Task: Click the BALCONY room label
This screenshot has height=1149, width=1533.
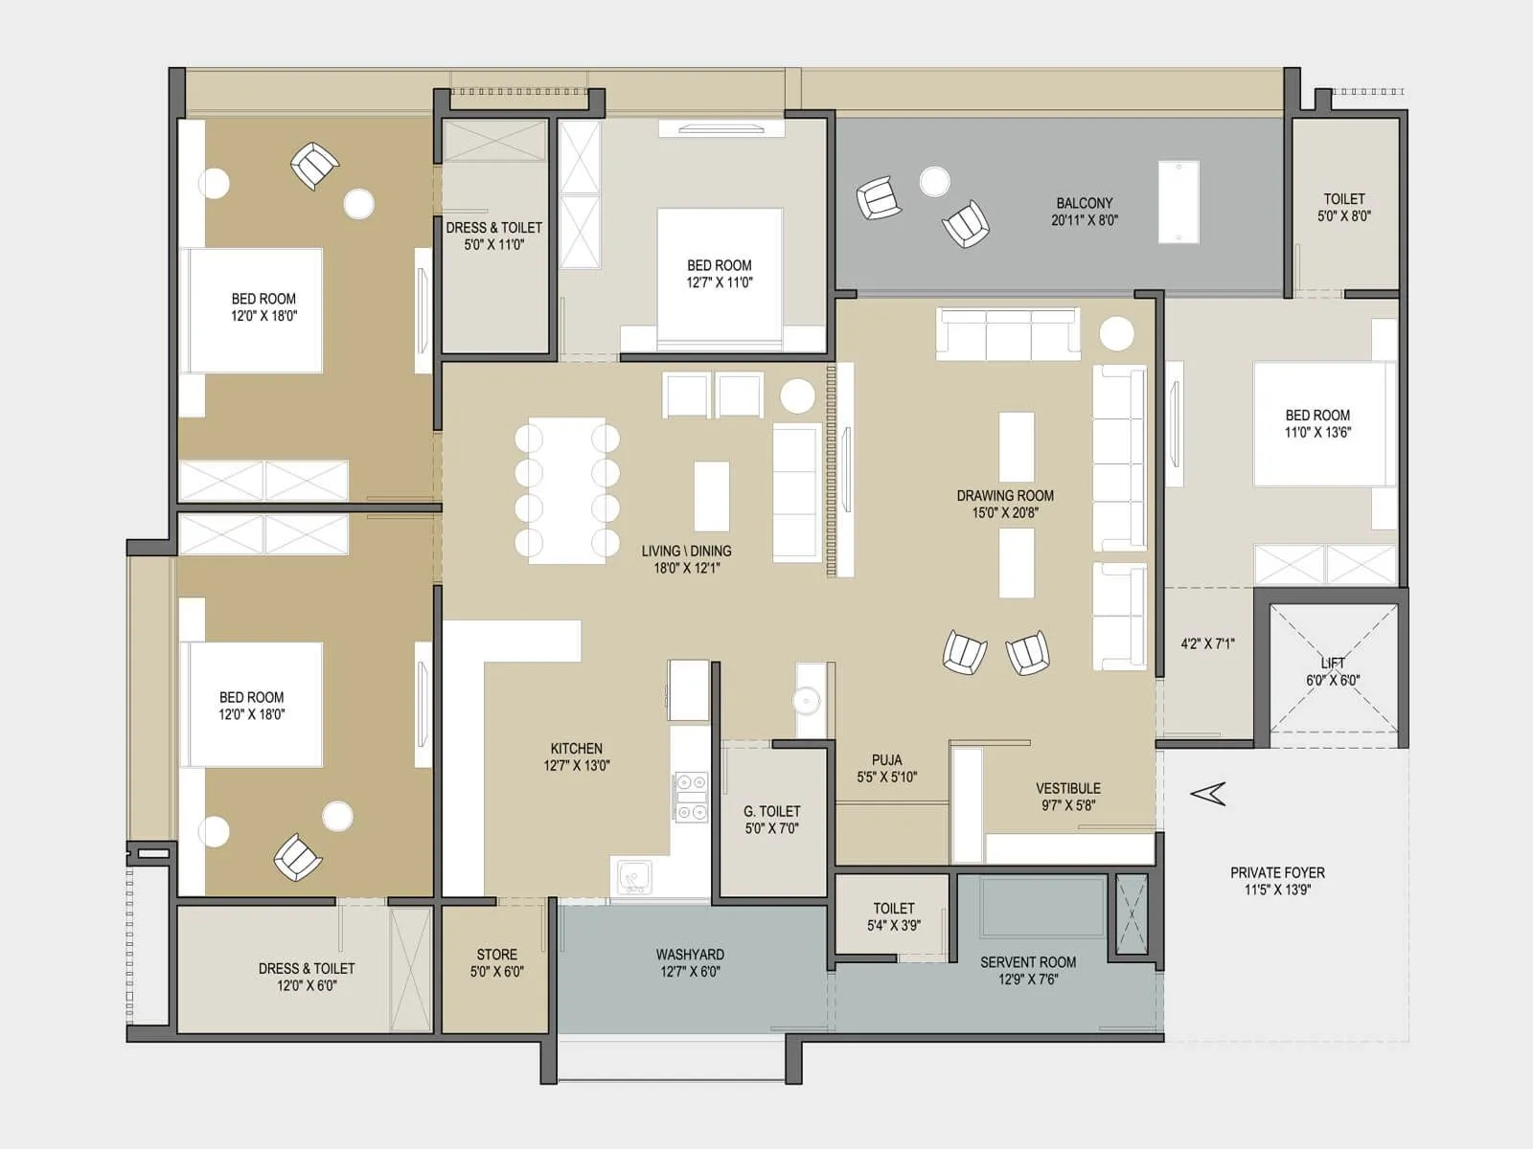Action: [1085, 203]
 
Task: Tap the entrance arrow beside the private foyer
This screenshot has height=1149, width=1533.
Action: [1208, 793]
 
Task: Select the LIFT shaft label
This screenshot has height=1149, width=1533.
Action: [1333, 663]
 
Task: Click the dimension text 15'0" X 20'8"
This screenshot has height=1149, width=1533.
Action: [1005, 513]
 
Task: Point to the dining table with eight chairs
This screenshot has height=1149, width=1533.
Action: [566, 490]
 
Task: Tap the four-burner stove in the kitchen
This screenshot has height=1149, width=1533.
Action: [691, 797]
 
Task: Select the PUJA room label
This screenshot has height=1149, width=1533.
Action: [886, 760]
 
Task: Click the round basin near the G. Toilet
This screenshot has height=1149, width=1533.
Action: [808, 701]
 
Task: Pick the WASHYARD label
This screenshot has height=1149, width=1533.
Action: [690, 955]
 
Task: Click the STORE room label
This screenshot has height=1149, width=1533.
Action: [496, 955]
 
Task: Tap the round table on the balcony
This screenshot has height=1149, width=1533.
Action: [934, 181]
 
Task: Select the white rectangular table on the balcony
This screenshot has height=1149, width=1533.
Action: [1178, 202]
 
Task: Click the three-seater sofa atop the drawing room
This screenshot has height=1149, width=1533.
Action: [1008, 334]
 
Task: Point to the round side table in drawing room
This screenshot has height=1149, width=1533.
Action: [1116, 333]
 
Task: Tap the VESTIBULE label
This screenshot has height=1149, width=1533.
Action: [1067, 788]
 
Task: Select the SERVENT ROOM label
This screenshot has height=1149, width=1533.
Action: [1027, 962]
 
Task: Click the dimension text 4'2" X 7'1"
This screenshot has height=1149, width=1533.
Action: [1207, 643]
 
